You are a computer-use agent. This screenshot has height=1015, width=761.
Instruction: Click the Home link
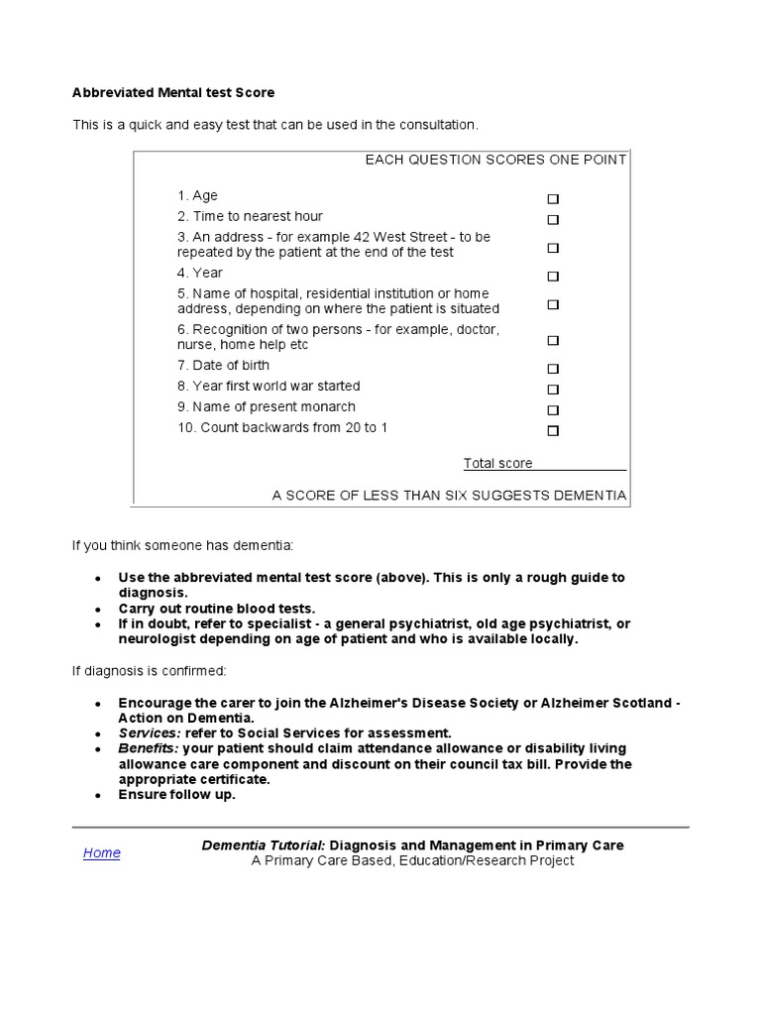[101, 852]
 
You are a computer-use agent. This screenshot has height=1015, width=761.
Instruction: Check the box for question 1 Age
[553, 198]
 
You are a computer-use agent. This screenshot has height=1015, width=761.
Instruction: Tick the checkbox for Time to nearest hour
[553, 219]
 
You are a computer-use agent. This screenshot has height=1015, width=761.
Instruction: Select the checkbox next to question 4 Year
[553, 276]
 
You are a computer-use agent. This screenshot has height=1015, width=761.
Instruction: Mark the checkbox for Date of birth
[553, 368]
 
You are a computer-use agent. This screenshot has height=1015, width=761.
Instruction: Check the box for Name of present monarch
[553, 409]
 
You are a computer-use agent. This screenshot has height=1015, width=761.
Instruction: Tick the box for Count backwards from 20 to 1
[553, 430]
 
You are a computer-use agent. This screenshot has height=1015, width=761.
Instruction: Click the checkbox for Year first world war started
[553, 389]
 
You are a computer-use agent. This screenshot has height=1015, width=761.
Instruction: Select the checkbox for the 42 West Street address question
[553, 248]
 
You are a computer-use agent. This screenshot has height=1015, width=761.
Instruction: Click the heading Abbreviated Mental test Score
[172, 92]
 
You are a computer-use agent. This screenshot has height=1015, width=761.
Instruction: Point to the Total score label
[497, 463]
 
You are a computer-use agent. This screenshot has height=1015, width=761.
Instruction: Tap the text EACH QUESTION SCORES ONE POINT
[495, 160]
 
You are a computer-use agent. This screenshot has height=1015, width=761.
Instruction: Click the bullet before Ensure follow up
[97, 796]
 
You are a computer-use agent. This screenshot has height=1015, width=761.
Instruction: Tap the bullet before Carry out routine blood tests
[97, 609]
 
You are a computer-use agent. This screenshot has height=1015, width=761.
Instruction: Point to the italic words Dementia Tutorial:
[264, 846]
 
